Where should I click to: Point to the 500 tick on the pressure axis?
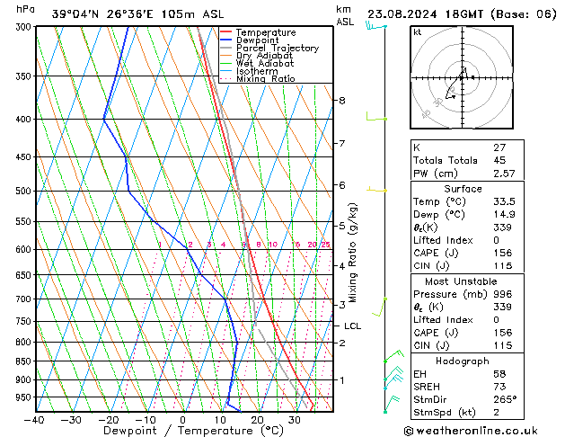(19, 192)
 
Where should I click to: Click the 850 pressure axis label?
(19, 361)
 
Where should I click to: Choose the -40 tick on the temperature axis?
(35, 420)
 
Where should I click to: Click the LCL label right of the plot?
(352, 326)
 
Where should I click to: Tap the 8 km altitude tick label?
(342, 101)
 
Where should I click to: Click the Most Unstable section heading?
(463, 281)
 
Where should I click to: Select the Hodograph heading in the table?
(463, 361)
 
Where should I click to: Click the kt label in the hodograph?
(418, 32)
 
